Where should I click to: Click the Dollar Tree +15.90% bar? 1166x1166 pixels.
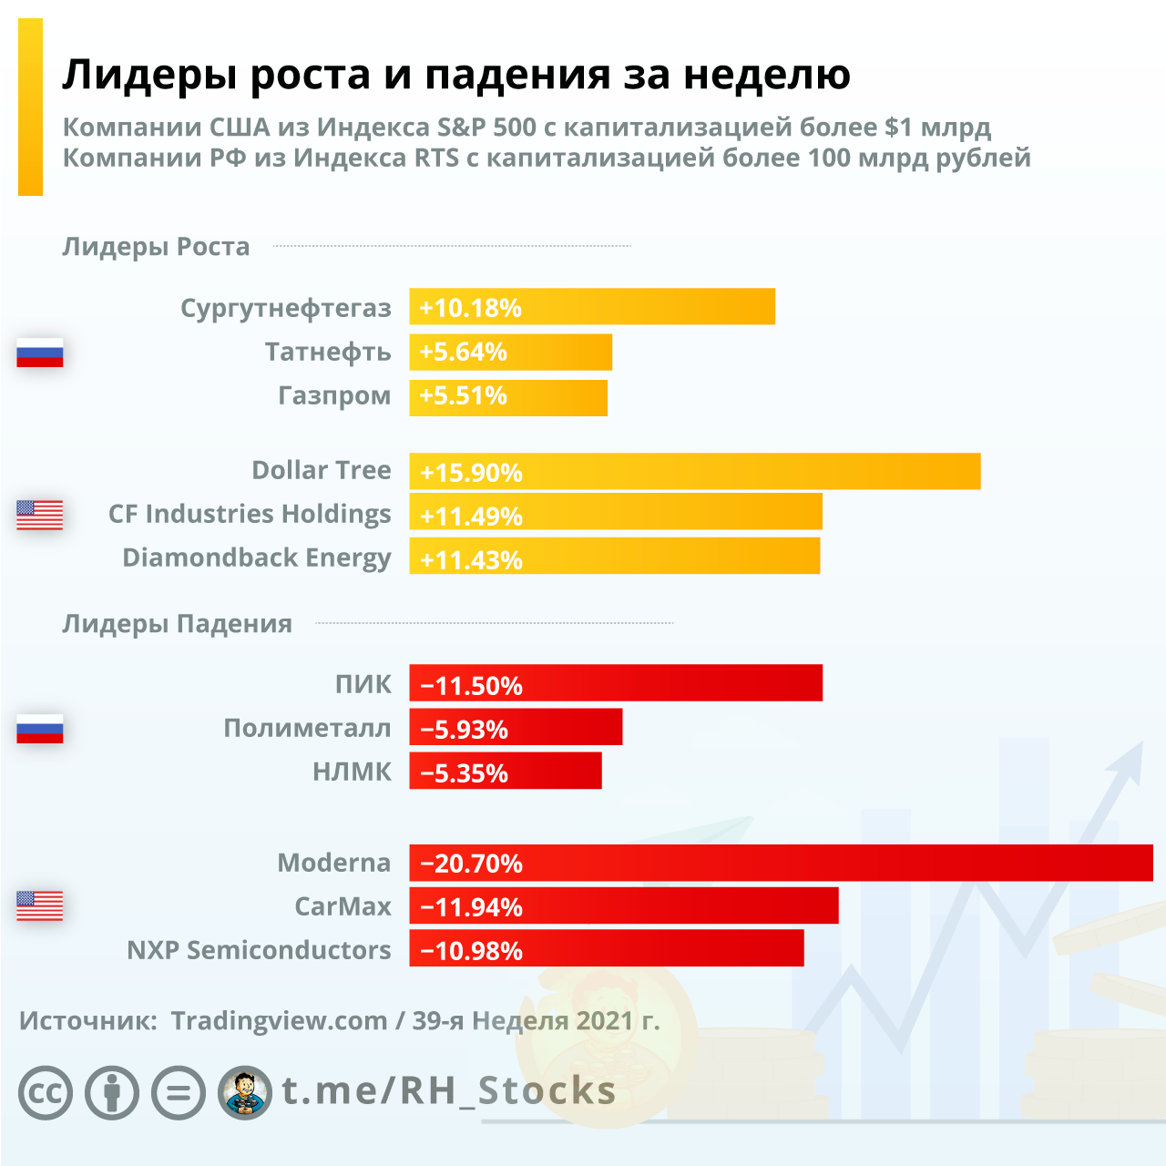694,472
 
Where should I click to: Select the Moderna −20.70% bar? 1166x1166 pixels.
781,863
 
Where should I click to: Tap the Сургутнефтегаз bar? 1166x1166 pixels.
592,307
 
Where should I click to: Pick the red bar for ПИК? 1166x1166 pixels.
616,683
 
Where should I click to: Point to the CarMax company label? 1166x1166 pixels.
343,906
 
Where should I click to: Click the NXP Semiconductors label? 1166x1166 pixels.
259,950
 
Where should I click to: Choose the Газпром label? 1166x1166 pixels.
334,396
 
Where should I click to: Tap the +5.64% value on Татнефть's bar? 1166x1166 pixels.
463,352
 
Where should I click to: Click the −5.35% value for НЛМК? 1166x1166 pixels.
464,772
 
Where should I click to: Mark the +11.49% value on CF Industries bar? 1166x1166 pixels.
471,516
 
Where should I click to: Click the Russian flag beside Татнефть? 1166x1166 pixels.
40,353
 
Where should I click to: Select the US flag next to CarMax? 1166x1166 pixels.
40,905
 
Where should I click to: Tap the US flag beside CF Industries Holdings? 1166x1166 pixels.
40,515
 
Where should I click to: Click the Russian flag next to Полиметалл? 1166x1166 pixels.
40,729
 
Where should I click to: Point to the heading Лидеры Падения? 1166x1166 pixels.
177,624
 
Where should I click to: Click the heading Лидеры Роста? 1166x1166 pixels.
156,247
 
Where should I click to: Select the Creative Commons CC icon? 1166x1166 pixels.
46,1092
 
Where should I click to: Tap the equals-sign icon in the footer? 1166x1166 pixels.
179,1092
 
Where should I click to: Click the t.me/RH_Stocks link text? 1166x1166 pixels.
448,1090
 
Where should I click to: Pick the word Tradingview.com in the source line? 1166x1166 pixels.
279,1020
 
